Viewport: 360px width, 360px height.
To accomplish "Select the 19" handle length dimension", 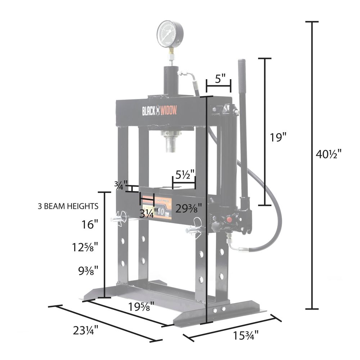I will (x=279, y=137).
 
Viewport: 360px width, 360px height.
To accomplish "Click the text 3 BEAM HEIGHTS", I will (x=68, y=206).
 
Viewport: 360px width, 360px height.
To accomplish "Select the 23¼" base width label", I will (x=85, y=330).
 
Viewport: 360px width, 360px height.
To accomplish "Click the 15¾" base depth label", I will (x=246, y=335).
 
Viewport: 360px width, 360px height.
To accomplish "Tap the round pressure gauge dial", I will (x=170, y=35).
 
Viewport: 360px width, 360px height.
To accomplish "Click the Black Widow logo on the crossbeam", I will (x=158, y=111).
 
